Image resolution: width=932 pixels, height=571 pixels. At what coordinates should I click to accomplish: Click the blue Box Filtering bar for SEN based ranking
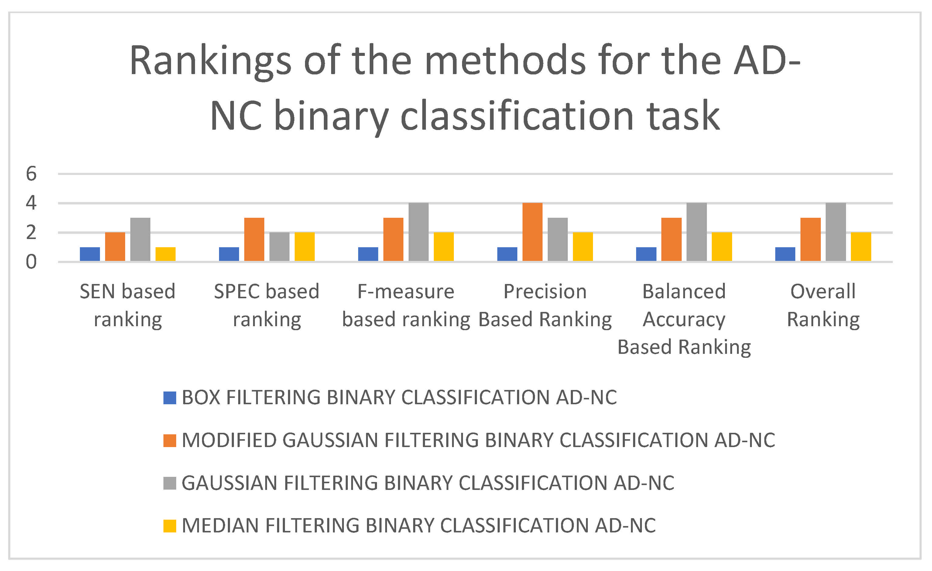click(90, 254)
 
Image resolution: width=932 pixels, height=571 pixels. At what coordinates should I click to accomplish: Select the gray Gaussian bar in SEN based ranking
click(140, 239)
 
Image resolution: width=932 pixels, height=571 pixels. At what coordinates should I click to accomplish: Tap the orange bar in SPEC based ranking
click(254, 239)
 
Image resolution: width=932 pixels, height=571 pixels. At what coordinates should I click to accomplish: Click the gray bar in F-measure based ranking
click(419, 232)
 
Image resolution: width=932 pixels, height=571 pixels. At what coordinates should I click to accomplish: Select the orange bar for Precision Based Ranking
click(533, 232)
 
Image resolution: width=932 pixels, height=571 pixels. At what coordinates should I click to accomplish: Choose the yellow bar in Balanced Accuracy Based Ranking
click(722, 247)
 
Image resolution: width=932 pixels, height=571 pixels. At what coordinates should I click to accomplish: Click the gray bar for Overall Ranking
click(836, 232)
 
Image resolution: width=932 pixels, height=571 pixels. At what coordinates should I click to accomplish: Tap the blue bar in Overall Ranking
click(785, 254)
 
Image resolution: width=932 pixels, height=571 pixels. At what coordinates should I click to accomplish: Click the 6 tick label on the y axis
click(31, 174)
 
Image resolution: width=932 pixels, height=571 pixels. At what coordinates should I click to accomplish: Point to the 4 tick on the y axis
click(31, 203)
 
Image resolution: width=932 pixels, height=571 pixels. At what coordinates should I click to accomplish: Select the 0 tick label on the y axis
click(31, 262)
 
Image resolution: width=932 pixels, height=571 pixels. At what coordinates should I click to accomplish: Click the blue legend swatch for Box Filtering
click(170, 398)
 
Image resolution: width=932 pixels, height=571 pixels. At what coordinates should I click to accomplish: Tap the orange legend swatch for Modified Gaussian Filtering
click(170, 440)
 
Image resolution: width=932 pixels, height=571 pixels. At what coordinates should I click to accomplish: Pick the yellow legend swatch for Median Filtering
click(170, 526)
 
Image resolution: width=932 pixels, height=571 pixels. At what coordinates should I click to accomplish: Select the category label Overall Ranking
click(824, 306)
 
